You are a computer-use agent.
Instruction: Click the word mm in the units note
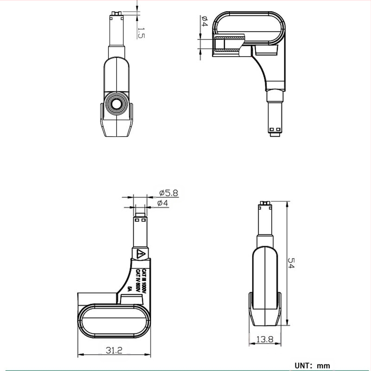[323, 366]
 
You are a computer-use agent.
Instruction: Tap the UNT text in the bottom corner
[303, 366]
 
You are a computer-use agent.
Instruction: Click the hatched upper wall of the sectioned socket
[228, 37]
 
